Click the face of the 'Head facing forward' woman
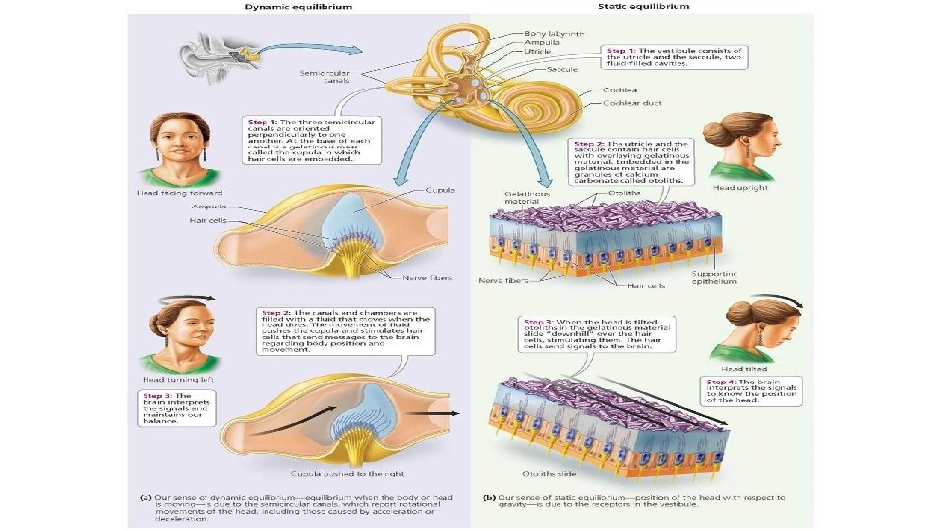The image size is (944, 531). tap(167, 143)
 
